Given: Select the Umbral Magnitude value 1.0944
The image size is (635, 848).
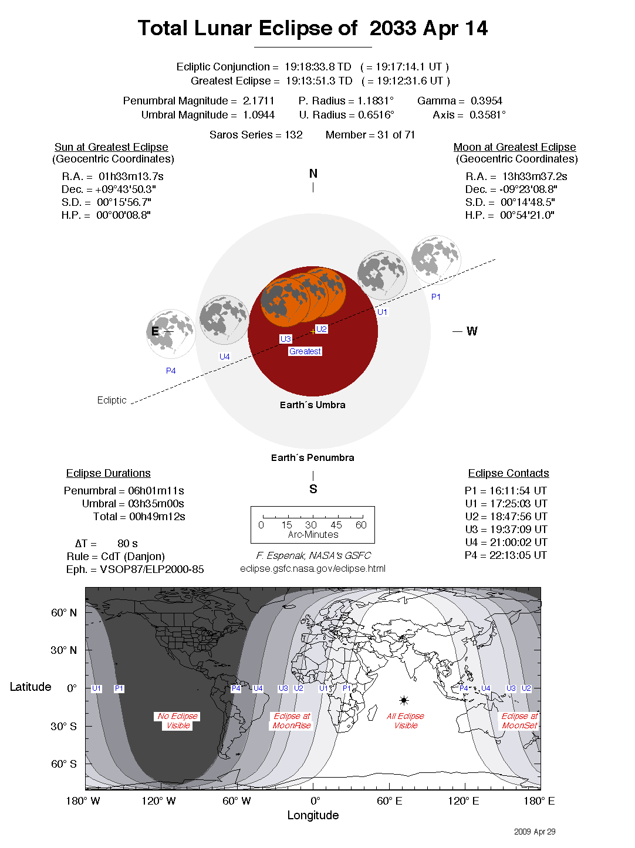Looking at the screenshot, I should point(259,115).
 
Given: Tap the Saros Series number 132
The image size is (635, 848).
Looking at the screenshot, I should point(293,135).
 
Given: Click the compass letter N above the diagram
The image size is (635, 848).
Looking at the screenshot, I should point(313,174).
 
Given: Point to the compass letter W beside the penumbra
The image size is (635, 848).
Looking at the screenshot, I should point(472,331).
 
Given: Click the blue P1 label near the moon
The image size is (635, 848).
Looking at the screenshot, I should point(436,297).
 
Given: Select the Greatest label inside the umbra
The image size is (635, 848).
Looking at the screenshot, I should point(305,351).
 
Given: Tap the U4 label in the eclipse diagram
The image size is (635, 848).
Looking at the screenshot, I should point(225,357).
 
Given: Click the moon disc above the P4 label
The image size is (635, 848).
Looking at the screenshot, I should point(171,334).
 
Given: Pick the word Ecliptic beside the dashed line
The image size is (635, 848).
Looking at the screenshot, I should point(112,400).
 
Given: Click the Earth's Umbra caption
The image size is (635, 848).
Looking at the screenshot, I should point(313,405).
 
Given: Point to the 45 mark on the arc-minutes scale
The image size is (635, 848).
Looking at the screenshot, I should point(336,525).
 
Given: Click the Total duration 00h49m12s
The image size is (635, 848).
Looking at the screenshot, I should point(157,517).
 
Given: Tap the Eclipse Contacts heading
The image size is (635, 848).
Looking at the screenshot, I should point(508,473).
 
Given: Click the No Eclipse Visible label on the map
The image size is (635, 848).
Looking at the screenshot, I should point(178,721).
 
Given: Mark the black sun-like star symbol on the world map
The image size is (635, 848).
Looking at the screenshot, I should point(404,700).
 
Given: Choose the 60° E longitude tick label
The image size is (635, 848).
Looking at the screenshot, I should point(390,801).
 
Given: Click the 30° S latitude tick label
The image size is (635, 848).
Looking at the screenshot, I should point(63,726).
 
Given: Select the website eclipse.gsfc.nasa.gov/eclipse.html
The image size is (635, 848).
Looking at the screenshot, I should point(313,568).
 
